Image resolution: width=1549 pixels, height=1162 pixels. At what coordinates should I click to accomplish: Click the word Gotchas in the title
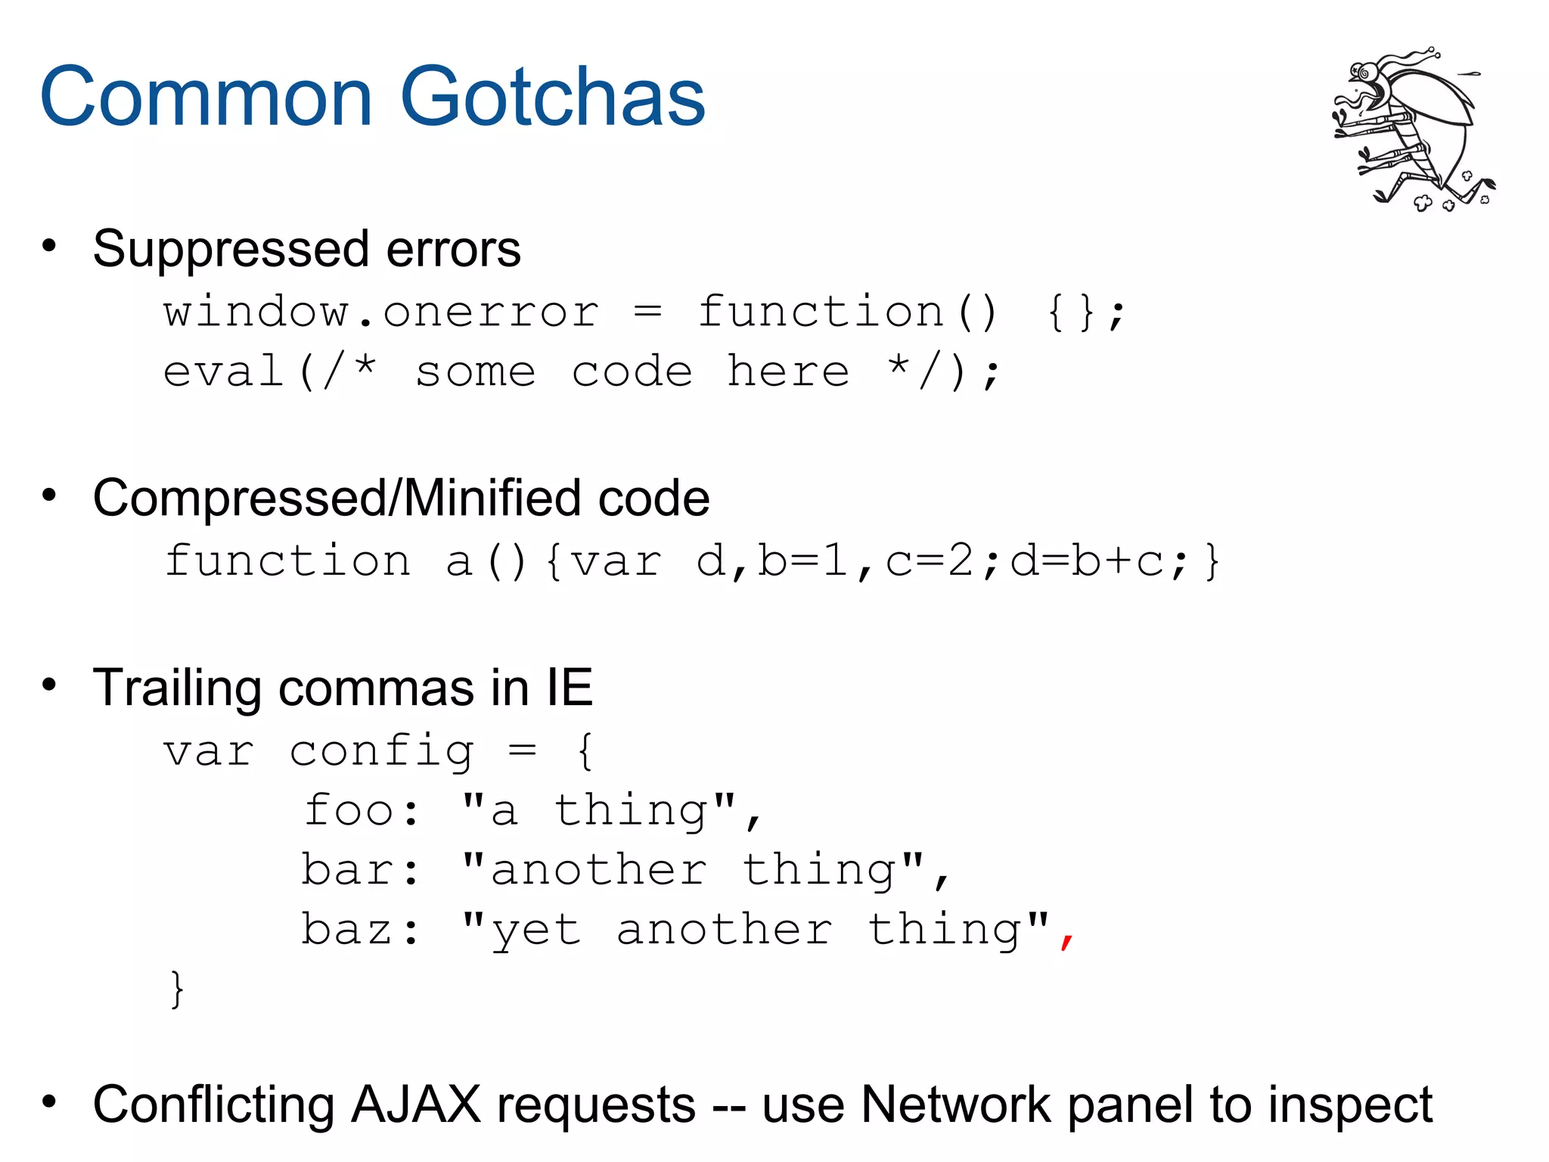point(552,97)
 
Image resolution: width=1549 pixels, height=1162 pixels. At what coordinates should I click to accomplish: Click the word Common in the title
point(206,97)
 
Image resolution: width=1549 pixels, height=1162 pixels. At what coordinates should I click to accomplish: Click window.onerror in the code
point(381,312)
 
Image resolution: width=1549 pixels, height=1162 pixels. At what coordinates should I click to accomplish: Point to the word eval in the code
point(223,372)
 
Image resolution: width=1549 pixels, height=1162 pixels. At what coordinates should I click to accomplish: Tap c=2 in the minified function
point(930,562)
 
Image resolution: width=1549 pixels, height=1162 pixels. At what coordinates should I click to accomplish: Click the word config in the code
point(381,753)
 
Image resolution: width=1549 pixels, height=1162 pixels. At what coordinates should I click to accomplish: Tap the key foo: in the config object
point(361,811)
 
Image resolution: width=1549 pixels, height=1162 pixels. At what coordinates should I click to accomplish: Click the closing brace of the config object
point(176,989)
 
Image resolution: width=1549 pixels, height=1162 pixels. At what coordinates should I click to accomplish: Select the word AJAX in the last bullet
point(415,1105)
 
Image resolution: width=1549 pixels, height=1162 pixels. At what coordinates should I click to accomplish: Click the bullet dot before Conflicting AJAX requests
point(49,1101)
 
